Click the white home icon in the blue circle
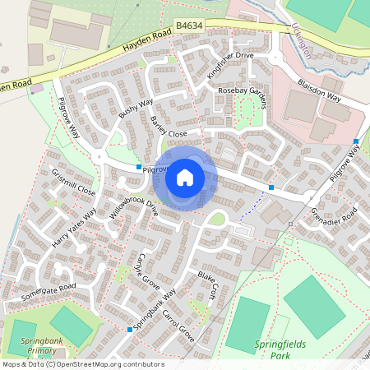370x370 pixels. pos(185,177)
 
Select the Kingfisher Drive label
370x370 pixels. pos(230,66)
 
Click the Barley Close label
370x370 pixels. pos(169,126)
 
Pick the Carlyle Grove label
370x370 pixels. pos(147,271)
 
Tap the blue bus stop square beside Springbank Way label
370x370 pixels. pos(129,330)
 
